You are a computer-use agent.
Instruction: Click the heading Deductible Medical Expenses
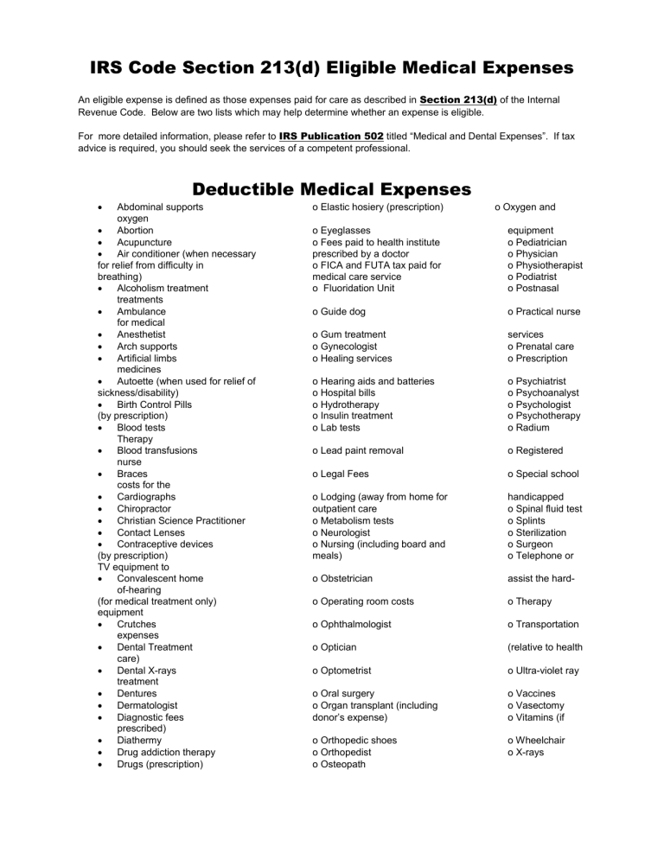331,188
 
